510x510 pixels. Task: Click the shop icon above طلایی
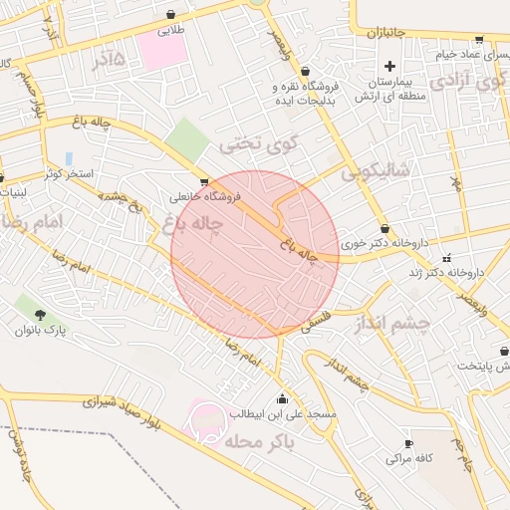click(x=174, y=15)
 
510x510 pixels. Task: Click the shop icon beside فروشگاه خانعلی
click(x=204, y=182)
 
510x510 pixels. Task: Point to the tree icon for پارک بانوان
click(x=22, y=312)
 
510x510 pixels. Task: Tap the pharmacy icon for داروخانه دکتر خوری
click(x=384, y=228)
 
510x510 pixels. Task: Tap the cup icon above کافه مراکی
click(x=408, y=443)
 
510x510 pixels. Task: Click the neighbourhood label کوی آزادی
click(x=463, y=82)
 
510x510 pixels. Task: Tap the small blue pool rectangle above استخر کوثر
click(x=69, y=158)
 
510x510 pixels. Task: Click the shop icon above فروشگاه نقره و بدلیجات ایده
click(x=304, y=71)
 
